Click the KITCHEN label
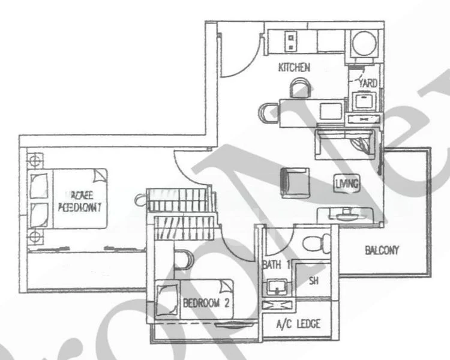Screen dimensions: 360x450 tap(294, 67)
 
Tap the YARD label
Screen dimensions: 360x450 tap(367, 83)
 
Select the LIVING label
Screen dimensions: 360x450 tap(347, 184)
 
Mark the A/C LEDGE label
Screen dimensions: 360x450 tap(298, 325)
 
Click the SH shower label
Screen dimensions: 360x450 tap(313, 280)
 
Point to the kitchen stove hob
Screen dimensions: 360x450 tap(291, 41)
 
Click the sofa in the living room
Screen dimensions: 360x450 tap(346, 145)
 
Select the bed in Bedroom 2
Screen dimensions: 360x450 tap(192, 299)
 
